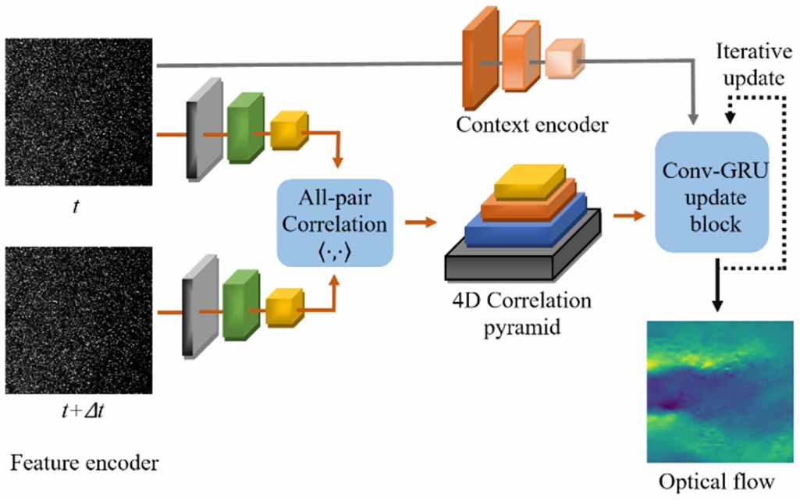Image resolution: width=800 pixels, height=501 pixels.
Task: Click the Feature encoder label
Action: (84, 464)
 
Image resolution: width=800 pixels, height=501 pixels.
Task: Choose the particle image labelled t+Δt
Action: (78, 321)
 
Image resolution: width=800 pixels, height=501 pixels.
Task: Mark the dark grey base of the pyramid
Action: (521, 258)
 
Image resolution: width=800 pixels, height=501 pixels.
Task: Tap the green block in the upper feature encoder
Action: (244, 130)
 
